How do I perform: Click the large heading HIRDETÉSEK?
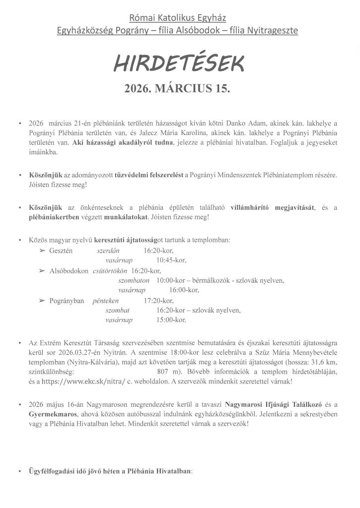[179, 63]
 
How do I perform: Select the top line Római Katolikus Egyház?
[177, 18]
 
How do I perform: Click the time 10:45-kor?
[171, 260]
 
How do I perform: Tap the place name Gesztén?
[61, 251]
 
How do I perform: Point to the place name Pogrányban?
[67, 301]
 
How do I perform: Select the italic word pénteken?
[105, 301]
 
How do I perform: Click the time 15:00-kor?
[171, 320]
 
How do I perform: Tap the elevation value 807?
[164, 371]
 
